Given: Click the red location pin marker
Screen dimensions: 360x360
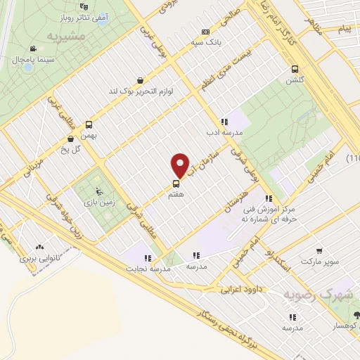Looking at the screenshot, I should (180, 165).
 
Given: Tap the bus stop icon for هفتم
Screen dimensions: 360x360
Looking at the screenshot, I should (175, 184).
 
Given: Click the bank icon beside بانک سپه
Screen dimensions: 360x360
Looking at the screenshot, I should (205, 32).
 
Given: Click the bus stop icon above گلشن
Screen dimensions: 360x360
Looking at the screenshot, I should (295, 69).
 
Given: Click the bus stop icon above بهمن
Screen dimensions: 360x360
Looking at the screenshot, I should (88, 123).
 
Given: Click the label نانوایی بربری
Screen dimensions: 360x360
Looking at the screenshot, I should (37, 259).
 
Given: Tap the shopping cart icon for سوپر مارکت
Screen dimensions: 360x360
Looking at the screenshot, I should (320, 250).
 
